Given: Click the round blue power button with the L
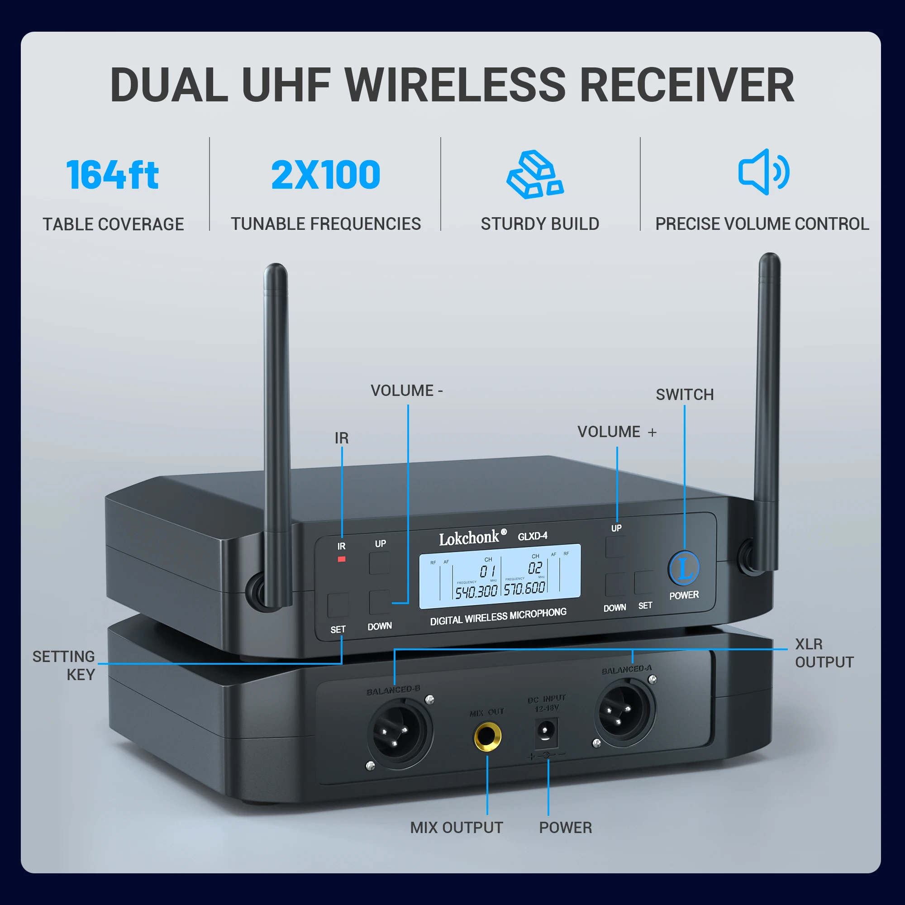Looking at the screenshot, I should pos(684,568).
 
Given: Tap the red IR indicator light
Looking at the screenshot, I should pos(342,559).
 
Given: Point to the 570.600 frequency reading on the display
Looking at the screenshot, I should pos(524,588).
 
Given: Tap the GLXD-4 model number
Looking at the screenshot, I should pos(532,536).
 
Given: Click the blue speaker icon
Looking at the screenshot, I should pos(763,172).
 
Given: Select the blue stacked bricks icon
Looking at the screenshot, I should pos(535,174).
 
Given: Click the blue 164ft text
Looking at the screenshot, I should pos(112,175).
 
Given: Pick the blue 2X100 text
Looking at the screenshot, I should pos(325,175).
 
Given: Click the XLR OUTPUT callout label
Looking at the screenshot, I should pos(824,653).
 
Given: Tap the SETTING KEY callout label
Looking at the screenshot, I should pos(64,665).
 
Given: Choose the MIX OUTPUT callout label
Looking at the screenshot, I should pos(456,828).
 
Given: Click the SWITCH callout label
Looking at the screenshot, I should pos(684,395).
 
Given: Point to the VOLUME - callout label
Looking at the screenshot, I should pos(406,390).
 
